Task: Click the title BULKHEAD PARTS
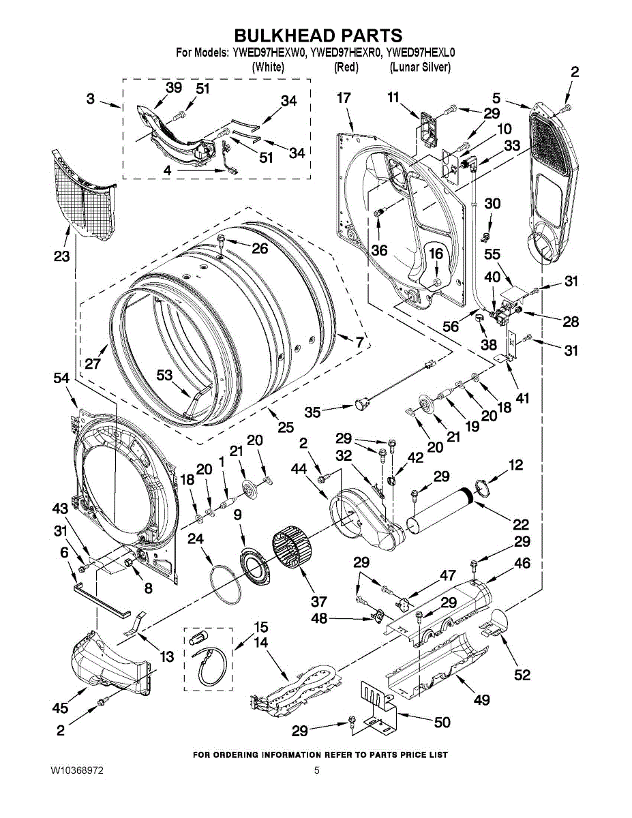[318, 35]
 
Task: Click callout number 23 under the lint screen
[62, 258]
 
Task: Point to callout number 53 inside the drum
[164, 375]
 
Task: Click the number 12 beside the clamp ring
[515, 465]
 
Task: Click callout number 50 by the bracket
[442, 722]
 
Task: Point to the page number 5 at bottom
[317, 771]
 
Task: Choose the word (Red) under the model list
[346, 67]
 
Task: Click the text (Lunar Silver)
[420, 67]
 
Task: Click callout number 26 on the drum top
[260, 249]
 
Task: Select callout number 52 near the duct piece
[522, 674]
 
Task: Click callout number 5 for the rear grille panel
[496, 97]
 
